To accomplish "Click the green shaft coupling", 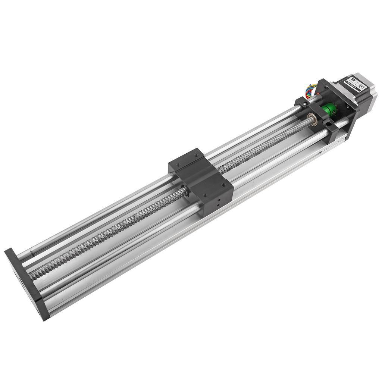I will click(329, 110).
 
